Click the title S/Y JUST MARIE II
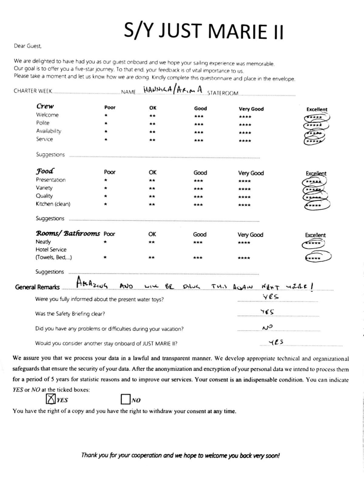point(203,31)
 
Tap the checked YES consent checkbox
point(51,399)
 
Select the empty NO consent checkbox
point(125,399)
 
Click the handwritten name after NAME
point(173,90)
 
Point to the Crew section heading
point(45,106)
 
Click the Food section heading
point(45,171)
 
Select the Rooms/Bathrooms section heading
point(68,233)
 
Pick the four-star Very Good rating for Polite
point(245,125)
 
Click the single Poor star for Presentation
point(106,180)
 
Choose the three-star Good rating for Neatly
point(198,242)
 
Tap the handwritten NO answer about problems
point(267,327)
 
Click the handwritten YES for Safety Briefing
point(267,312)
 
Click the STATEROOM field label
point(223,93)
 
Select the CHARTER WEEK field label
point(33,91)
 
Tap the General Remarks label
point(37,287)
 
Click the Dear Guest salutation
point(28,46)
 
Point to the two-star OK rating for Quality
point(152,196)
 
